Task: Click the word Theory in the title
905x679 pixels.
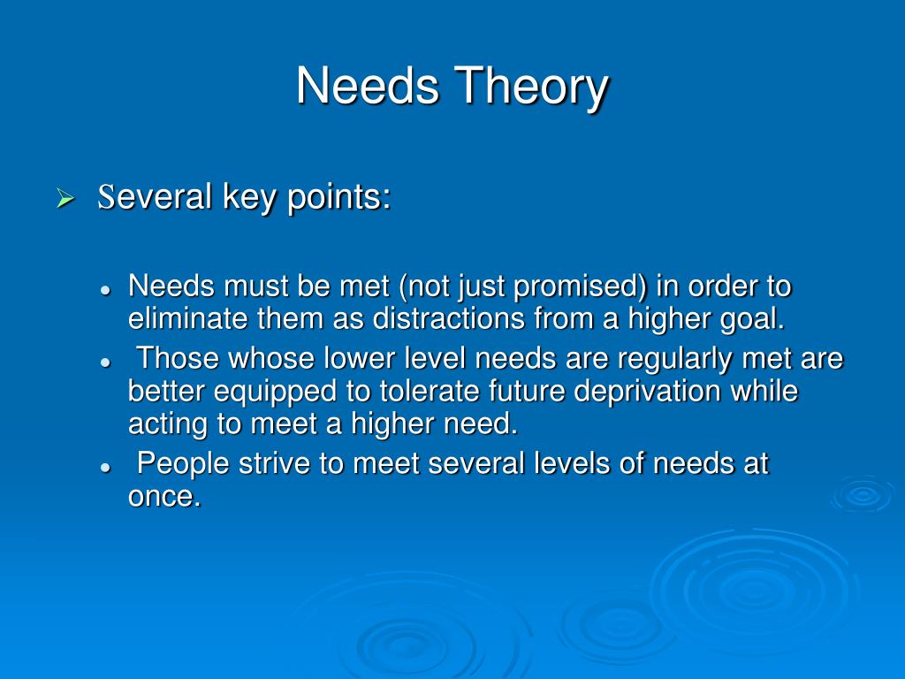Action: pos(532,87)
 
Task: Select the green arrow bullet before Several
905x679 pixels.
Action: pos(65,199)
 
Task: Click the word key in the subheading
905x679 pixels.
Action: pos(250,197)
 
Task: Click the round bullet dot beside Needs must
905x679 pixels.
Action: pos(104,290)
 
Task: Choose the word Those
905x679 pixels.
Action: pos(179,359)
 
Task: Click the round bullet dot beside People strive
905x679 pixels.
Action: pos(104,466)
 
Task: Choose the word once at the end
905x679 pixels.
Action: pos(163,496)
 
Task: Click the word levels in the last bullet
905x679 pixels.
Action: pos(567,463)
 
